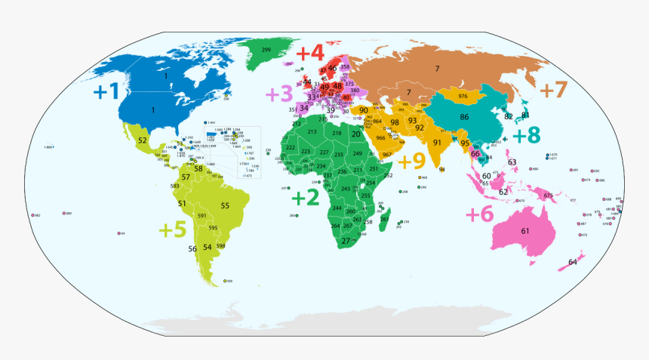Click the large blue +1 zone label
coord(106,92)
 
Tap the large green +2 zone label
coord(306,198)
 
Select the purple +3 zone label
coord(278,94)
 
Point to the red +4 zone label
coord(310,54)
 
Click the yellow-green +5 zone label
coord(172,229)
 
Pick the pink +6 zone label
coord(479,214)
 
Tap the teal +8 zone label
coord(526,136)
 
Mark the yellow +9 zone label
coord(412,161)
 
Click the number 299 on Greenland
coord(266,50)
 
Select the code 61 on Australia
coord(524,230)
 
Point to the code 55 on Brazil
coord(225,205)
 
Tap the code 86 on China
coord(464,117)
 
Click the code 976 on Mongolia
coord(463,97)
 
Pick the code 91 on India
coord(437,143)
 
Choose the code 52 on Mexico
coord(142,140)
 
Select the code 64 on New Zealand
coord(572,262)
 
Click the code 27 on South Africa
coord(346,241)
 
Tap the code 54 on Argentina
coord(207,247)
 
